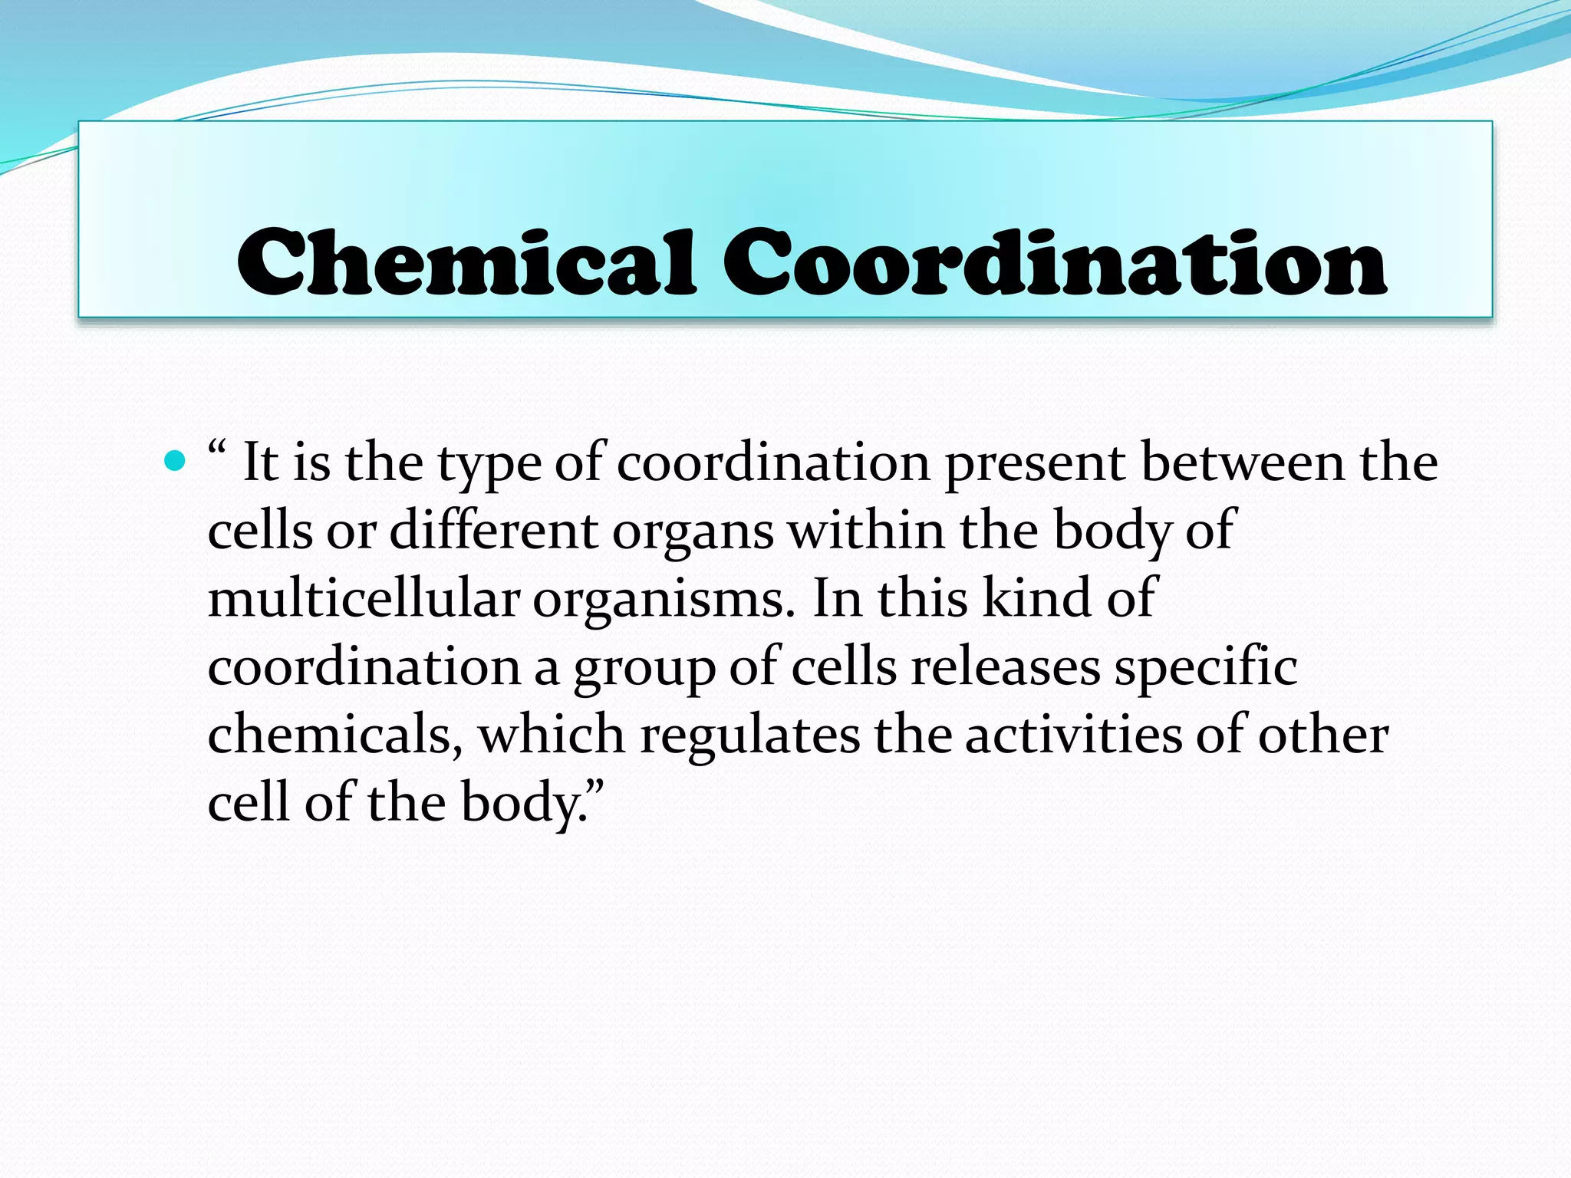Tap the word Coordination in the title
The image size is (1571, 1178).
tap(1054, 262)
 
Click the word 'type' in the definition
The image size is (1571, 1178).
tap(489, 465)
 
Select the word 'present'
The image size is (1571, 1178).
tap(1035, 465)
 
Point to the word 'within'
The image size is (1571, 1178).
tap(866, 530)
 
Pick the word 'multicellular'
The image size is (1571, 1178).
tap(364, 598)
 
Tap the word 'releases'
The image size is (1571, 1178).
tap(1006, 666)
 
